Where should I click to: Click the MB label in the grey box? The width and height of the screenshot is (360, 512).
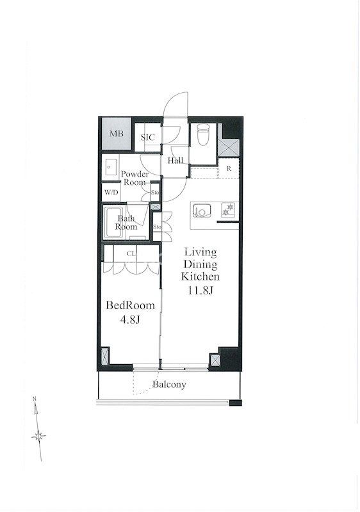(x=117, y=134)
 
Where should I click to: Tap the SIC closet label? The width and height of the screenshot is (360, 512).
(x=148, y=138)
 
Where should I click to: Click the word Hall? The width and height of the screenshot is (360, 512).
(x=176, y=161)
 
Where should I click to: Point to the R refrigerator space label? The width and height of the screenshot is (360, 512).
(x=229, y=169)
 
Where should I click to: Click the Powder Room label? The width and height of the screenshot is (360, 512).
(x=135, y=178)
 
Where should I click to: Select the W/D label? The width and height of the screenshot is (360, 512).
(x=111, y=192)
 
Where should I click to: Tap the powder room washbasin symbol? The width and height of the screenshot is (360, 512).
(x=110, y=167)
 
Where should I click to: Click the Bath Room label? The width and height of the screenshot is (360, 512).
(x=126, y=222)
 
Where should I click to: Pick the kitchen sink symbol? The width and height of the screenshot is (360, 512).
(x=199, y=211)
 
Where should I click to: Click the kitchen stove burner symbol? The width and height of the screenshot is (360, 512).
(x=228, y=209)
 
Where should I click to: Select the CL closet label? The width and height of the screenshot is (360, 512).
(x=131, y=253)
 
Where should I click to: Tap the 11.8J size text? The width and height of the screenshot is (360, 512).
(x=200, y=291)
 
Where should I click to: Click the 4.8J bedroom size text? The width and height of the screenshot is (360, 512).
(x=130, y=319)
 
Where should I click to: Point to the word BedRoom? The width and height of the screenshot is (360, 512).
(x=130, y=306)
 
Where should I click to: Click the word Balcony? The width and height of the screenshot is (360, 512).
(x=169, y=385)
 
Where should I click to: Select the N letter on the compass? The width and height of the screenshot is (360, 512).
(x=35, y=399)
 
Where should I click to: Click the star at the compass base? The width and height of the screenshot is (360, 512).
(x=38, y=436)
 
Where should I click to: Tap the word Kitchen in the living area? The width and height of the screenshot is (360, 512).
(x=200, y=276)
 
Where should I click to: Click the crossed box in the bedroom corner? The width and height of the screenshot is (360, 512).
(x=105, y=356)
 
